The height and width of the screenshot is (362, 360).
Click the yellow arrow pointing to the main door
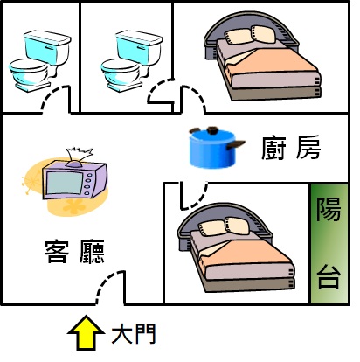(x=86, y=333)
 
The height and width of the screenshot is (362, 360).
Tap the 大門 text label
(x=134, y=333)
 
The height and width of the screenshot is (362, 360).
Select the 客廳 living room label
(x=75, y=252)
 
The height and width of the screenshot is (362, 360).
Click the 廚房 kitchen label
(x=291, y=148)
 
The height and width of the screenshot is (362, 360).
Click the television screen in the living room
(x=65, y=183)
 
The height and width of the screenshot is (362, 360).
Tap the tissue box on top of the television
(x=79, y=157)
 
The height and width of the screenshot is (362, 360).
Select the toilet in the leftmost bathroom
(x=40, y=60)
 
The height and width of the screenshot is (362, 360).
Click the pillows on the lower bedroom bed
(x=224, y=226)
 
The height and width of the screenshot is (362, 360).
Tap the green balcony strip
(x=329, y=244)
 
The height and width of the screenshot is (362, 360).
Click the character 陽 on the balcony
(x=329, y=209)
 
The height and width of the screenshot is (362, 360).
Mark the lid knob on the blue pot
(x=212, y=130)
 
